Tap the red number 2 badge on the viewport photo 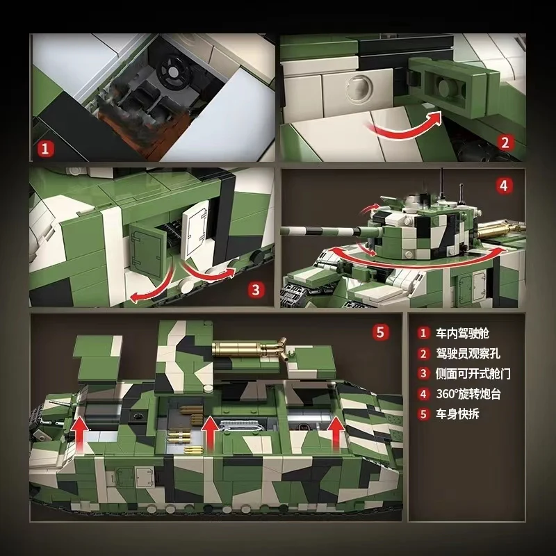[x=505, y=142]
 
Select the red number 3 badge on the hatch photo [x=256, y=288]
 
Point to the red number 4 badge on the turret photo [x=505, y=186]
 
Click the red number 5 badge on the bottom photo [x=380, y=332]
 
